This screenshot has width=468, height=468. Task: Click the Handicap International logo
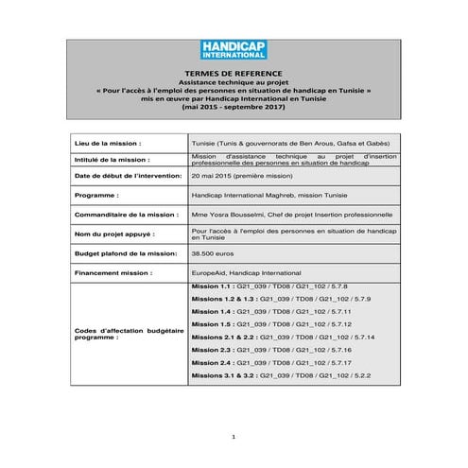pos(234,50)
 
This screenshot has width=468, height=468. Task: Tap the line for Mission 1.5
pos(271,323)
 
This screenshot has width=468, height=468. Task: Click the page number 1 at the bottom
pos(234,436)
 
